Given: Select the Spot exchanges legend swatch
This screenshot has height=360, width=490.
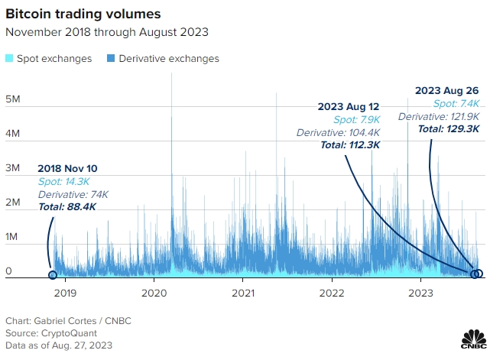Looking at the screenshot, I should [x=9, y=59].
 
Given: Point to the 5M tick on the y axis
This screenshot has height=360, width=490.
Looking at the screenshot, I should [x=12, y=99].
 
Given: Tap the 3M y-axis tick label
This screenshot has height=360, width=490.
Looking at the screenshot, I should [x=12, y=168].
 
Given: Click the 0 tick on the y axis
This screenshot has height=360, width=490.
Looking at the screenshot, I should [x=8, y=271].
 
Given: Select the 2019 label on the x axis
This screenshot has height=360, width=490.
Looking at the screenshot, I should [x=65, y=292].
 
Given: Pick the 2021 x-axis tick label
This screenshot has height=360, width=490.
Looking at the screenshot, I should [x=243, y=292].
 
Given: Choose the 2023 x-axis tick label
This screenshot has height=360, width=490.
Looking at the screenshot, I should [x=421, y=292].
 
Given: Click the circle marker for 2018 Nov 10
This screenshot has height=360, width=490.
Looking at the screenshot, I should [x=53, y=275].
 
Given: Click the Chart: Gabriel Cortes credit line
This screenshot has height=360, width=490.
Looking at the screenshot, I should [x=68, y=320].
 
